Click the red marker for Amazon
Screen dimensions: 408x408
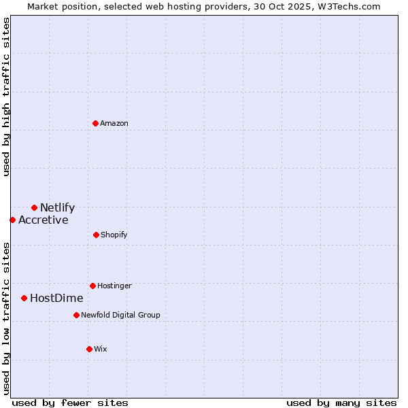tap(96, 123)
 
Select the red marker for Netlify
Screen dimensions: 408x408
tap(34, 207)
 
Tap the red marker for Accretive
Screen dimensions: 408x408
tap(12, 220)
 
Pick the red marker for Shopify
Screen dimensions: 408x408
tap(96, 235)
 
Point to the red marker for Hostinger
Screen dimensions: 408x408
tap(92, 286)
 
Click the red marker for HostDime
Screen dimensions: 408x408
tap(24, 298)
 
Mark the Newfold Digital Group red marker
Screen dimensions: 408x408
tap(76, 315)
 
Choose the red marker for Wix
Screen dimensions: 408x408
tap(89, 349)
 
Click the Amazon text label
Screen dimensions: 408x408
tap(114, 123)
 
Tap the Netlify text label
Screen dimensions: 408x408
tap(57, 208)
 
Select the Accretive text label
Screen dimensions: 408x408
tap(44, 220)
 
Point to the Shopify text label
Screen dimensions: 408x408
tap(114, 235)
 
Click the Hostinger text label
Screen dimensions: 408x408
tap(114, 286)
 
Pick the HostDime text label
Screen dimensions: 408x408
tap(56, 299)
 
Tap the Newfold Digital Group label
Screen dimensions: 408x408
tap(120, 315)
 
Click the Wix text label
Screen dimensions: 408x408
tap(101, 349)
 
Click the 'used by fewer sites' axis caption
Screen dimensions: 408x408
tap(70, 403)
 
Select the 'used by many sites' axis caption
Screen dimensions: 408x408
tap(341, 403)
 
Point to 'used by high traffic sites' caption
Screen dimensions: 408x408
tap(6, 96)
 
